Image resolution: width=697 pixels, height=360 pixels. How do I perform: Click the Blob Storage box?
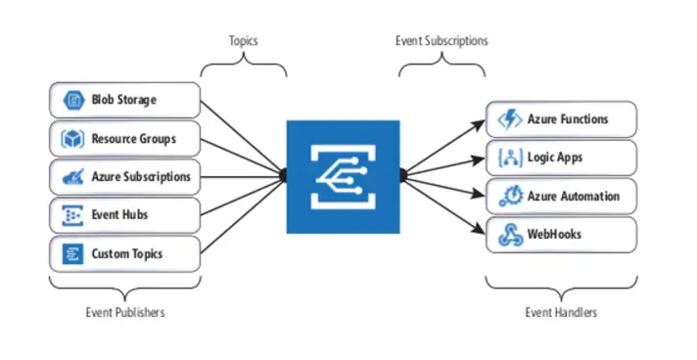pos(124,100)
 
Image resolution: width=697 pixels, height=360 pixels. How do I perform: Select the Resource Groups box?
pos(124,139)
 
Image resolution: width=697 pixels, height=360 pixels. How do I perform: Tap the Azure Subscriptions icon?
pos(71,177)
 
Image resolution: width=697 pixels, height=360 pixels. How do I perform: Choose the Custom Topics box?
pos(124,254)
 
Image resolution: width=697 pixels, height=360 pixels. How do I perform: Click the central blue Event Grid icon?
pos(343,176)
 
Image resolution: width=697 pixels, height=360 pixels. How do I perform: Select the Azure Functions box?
pos(561,119)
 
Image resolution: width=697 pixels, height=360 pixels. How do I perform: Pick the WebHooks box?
pos(561,235)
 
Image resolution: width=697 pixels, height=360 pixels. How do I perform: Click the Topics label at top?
pos(244,41)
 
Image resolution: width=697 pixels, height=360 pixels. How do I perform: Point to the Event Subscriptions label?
pos(441,41)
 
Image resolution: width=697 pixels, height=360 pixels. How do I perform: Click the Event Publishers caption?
pos(124,312)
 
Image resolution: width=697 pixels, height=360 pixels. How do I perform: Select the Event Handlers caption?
pos(561,312)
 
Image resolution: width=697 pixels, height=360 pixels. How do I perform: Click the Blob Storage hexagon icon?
pos(71,100)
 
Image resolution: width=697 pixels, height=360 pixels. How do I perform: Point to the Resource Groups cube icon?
pos(71,139)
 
